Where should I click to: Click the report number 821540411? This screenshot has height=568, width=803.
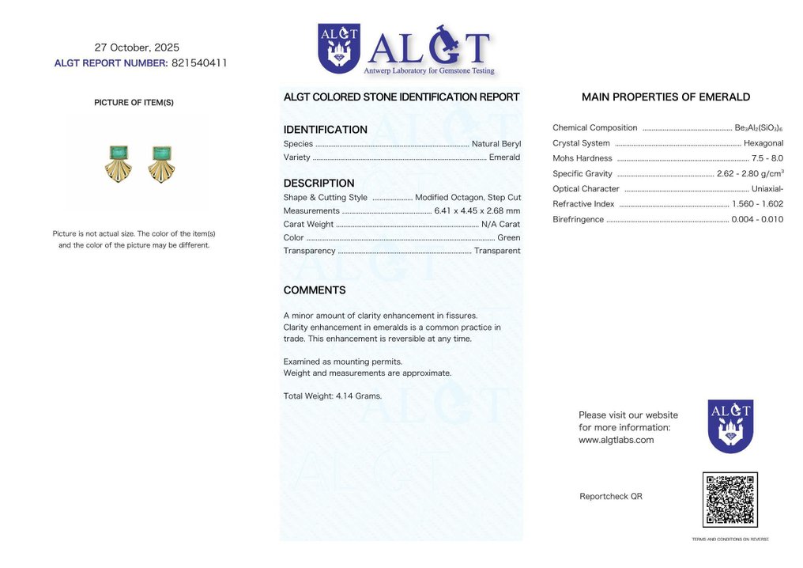point(199,63)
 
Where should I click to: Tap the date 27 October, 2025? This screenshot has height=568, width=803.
point(137,47)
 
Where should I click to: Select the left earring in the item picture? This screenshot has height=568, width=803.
point(118,163)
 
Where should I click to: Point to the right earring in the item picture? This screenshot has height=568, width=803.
point(161,163)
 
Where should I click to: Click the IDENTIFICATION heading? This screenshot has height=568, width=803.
point(325,130)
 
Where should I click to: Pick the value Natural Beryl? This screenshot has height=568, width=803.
point(496,144)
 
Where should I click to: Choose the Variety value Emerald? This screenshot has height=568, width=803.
point(504,157)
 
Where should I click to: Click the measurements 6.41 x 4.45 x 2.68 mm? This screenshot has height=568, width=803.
point(477,211)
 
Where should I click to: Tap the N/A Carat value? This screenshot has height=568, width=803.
point(500,225)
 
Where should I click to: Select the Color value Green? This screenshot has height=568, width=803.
point(508,238)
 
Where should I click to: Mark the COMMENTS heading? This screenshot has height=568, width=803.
point(315,290)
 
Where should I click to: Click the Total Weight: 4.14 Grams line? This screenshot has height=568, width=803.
point(332,396)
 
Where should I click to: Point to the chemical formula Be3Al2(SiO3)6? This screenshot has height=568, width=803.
point(759,128)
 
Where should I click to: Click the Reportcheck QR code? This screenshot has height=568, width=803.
point(729,500)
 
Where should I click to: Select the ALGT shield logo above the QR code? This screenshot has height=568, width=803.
point(730,426)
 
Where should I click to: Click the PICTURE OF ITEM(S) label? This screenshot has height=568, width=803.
point(134,103)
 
